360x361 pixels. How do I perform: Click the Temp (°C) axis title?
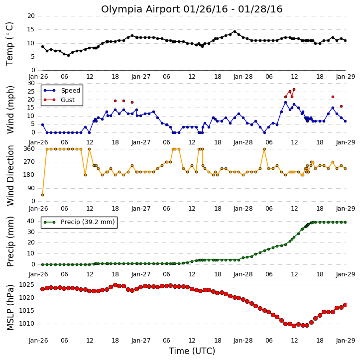[9, 44]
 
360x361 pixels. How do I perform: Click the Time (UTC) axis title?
[192, 351]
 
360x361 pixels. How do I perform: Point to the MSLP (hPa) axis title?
[10, 307]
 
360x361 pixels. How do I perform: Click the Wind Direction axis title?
[10, 175]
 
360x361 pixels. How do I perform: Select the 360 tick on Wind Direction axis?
[29, 149]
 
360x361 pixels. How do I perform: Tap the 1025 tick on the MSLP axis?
[26, 285]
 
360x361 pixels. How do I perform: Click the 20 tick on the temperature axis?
[31, 16]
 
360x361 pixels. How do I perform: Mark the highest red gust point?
[294, 89]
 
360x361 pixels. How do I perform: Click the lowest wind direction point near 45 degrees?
[43, 195]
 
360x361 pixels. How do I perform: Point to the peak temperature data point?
[235, 32]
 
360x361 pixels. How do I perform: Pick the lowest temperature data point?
[68, 55]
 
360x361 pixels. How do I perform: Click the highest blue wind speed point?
[285, 103]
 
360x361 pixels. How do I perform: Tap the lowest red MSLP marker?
[294, 326]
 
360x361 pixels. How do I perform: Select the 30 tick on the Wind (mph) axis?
[31, 83]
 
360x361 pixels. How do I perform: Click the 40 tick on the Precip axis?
[31, 221]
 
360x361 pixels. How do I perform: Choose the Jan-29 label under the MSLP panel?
[346, 340]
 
